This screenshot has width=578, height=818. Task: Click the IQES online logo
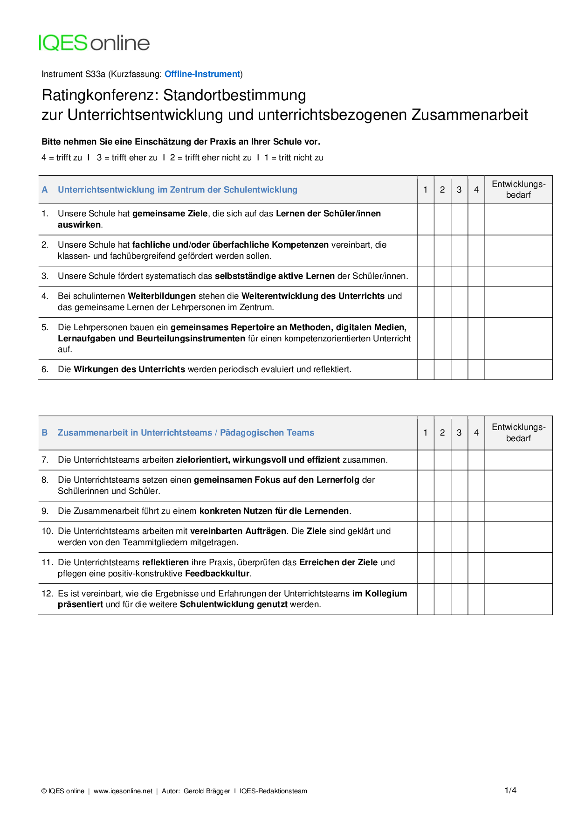point(94,43)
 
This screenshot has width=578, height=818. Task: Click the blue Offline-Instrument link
point(202,74)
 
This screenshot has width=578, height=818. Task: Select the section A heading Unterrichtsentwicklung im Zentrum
point(177,190)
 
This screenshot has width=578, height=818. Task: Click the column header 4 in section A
point(476,190)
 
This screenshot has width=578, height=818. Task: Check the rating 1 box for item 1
point(426,219)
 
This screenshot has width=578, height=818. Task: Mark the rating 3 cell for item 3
point(459,276)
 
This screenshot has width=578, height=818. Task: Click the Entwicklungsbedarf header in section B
point(518,433)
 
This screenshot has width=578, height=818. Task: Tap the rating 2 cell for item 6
point(442,369)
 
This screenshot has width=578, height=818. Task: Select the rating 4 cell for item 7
point(476,460)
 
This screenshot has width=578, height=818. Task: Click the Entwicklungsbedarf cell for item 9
point(518,511)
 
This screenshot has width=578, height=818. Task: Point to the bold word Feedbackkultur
point(218,574)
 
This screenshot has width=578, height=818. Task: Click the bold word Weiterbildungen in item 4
point(162,296)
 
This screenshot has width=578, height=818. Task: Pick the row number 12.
point(47,594)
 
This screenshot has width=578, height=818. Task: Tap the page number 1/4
point(510,790)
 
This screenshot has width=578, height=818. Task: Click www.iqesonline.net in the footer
point(123,791)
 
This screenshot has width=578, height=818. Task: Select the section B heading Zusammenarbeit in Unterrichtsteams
point(186,433)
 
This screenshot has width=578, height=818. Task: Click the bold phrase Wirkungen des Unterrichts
point(129,369)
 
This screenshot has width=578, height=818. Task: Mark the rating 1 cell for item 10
point(426,537)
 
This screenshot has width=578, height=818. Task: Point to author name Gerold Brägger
point(206,791)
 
